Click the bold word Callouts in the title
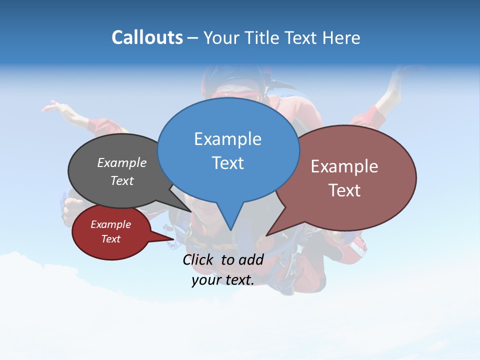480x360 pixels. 147,37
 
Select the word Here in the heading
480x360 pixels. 342,37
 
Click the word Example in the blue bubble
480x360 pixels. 227,139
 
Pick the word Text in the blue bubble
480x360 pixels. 227,163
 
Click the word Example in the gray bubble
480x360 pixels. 122,162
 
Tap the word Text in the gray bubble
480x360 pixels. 122,180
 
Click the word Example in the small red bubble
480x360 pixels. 110,224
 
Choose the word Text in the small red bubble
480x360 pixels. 110,239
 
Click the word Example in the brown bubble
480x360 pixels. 344,166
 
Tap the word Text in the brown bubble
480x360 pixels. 344,190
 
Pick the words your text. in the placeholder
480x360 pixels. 223,280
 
